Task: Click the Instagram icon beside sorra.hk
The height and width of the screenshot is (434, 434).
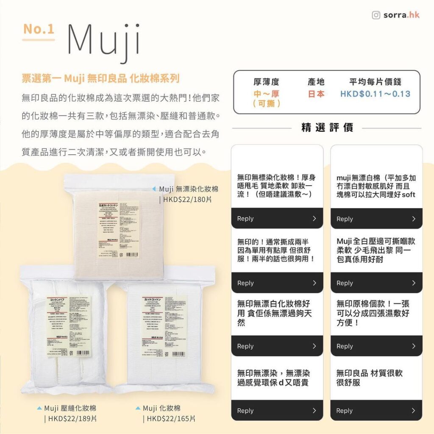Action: point(376,15)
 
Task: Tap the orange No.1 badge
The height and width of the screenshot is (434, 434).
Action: point(39,29)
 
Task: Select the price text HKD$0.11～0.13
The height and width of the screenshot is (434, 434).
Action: point(375,94)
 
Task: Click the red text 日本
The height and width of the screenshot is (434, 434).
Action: point(316,94)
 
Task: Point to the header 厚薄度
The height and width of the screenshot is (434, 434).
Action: point(266,82)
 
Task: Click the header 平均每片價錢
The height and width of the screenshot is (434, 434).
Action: point(375,82)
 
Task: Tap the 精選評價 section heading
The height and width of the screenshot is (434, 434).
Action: point(327,128)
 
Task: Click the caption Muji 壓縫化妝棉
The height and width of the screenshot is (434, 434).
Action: point(70,408)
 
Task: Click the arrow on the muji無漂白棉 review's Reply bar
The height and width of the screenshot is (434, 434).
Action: point(414,219)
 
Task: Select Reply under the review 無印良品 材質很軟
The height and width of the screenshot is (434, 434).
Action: point(344,411)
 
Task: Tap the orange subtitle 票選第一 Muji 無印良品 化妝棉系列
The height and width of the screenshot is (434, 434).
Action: point(100,78)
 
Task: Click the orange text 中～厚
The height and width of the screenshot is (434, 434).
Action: point(266,94)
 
